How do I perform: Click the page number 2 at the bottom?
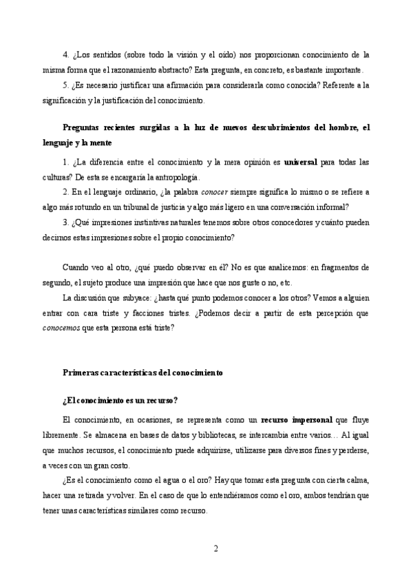pyautogui.click(x=216, y=549)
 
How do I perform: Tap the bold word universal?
pyautogui.click(x=300, y=163)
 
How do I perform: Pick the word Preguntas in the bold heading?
pyautogui.click(x=83, y=127)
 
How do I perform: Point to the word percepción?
pyautogui.click(x=310, y=313)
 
